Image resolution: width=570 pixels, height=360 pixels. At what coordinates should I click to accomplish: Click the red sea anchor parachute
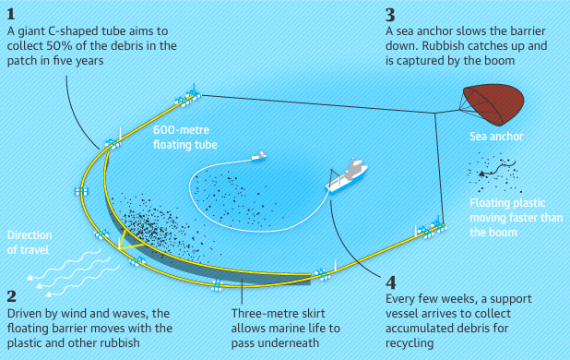[494, 104]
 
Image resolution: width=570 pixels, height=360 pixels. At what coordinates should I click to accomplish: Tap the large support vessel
[347, 177]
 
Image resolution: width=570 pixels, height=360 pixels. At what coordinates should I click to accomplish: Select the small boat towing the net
[259, 157]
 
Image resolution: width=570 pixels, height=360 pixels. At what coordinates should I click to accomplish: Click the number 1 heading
[11, 15]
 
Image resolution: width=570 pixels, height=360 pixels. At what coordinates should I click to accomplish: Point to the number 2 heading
[12, 296]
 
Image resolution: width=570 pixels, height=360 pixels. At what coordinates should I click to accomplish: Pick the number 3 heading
[390, 16]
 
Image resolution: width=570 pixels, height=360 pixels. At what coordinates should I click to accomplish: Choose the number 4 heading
[391, 282]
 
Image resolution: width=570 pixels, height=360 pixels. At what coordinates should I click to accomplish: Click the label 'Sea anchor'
[496, 137]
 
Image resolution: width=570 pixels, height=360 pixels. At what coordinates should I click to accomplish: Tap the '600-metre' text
[181, 130]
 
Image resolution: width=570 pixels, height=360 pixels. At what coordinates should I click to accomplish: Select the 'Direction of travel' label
[30, 242]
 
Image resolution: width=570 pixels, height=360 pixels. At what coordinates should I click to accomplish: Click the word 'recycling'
[410, 342]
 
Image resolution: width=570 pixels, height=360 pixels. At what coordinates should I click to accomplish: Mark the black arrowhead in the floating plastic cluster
[482, 174]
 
